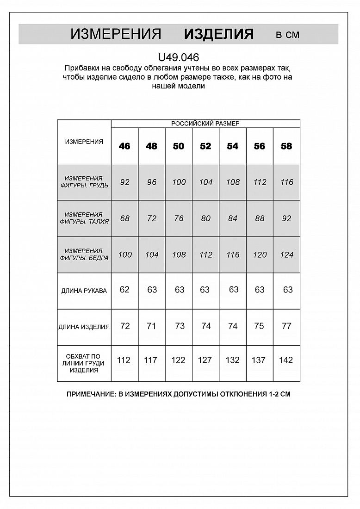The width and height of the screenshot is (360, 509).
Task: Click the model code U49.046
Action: (x=179, y=58)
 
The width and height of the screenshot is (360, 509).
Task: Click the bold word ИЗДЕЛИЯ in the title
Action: (x=219, y=34)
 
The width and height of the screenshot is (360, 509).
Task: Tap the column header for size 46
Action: (x=124, y=146)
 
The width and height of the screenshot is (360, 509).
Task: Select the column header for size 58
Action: (x=286, y=146)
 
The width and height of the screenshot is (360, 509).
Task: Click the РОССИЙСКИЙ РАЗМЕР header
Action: (x=205, y=124)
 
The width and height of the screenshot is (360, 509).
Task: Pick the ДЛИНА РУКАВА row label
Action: (x=84, y=291)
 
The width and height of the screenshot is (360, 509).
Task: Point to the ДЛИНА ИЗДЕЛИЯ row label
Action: (x=84, y=327)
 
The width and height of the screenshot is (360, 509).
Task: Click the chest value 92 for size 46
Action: (x=124, y=182)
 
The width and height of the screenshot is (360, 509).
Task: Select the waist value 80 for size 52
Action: (x=206, y=218)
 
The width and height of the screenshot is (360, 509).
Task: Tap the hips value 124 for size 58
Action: (x=286, y=254)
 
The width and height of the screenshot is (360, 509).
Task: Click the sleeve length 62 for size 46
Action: (x=124, y=290)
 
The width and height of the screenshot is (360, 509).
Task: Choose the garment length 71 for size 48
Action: (x=151, y=326)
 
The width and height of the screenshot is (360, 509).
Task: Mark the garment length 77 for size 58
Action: (x=286, y=326)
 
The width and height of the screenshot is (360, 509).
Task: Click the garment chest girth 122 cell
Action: (x=178, y=360)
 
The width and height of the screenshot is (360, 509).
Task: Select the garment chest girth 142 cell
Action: (x=286, y=360)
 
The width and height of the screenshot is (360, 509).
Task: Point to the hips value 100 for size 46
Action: (x=125, y=254)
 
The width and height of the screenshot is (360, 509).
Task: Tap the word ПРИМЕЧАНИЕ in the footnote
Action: (x=90, y=394)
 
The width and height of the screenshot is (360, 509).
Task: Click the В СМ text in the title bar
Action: (x=287, y=35)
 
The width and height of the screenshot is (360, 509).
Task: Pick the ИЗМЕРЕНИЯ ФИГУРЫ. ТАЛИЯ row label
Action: (x=84, y=218)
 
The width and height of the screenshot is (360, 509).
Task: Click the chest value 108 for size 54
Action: (x=232, y=182)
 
